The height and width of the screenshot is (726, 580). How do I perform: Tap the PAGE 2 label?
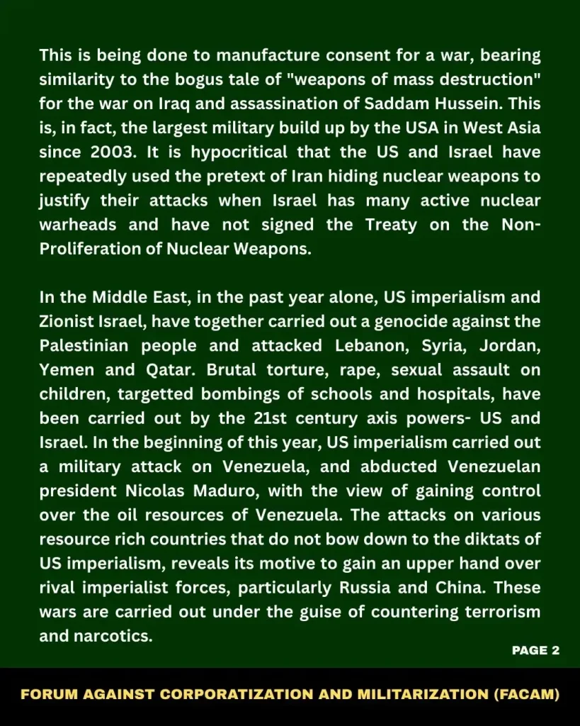coord(536,650)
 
